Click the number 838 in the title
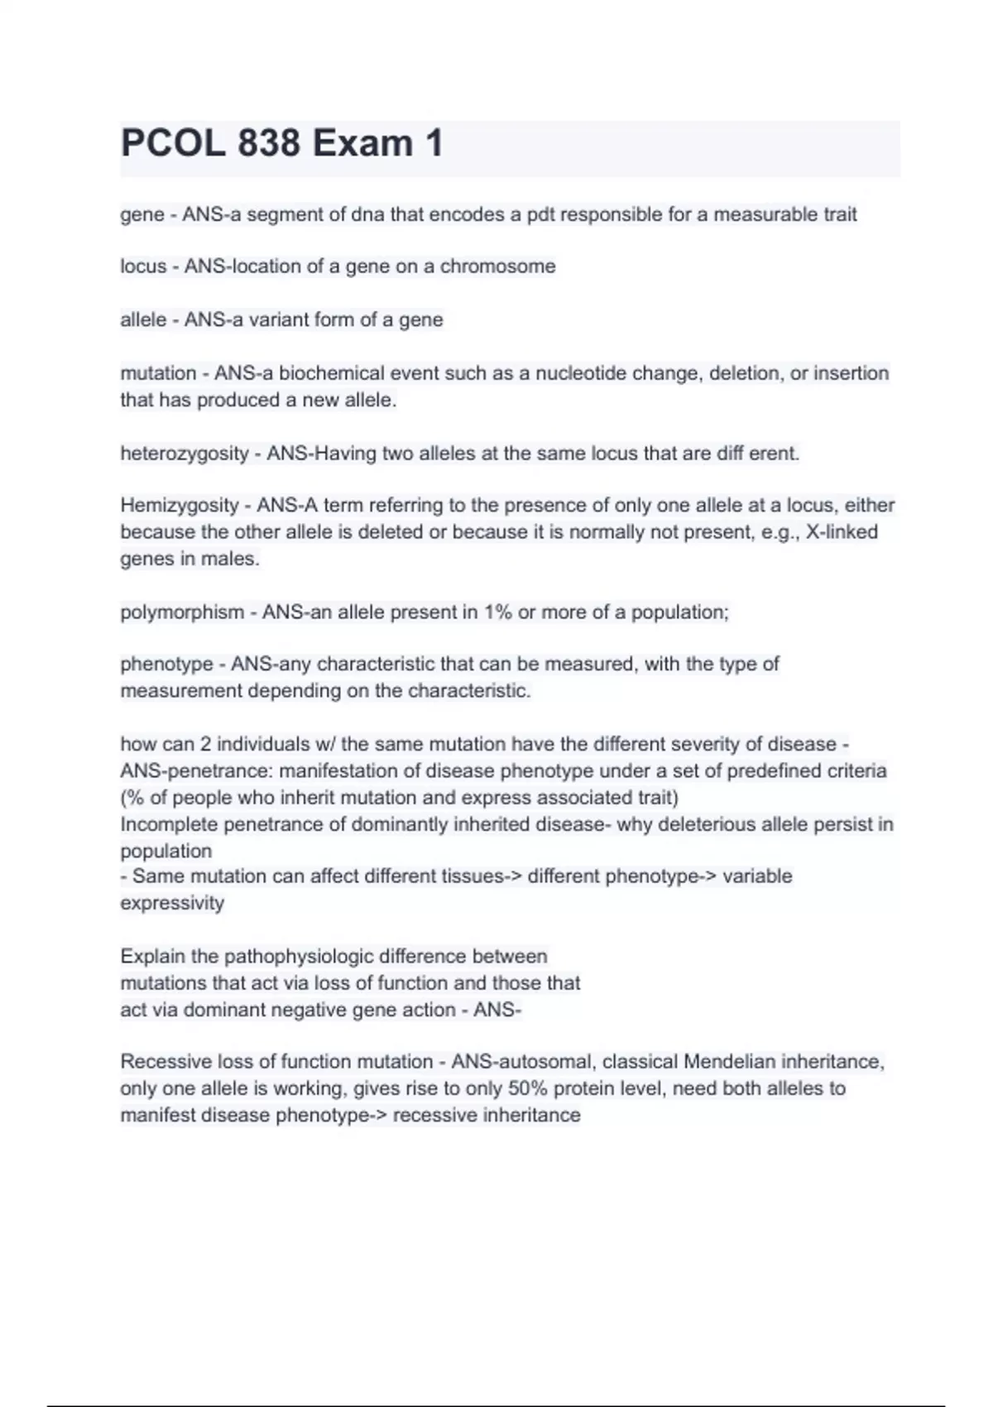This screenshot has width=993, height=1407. [x=269, y=143]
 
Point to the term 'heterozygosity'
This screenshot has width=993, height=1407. [x=184, y=454]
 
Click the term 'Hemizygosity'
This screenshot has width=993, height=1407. [x=180, y=505]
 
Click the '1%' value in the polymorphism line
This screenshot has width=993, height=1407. [x=498, y=612]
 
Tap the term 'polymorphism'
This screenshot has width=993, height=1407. [x=182, y=612]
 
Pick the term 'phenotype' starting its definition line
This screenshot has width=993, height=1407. [x=166, y=664]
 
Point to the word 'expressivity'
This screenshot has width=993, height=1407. [x=172, y=903]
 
